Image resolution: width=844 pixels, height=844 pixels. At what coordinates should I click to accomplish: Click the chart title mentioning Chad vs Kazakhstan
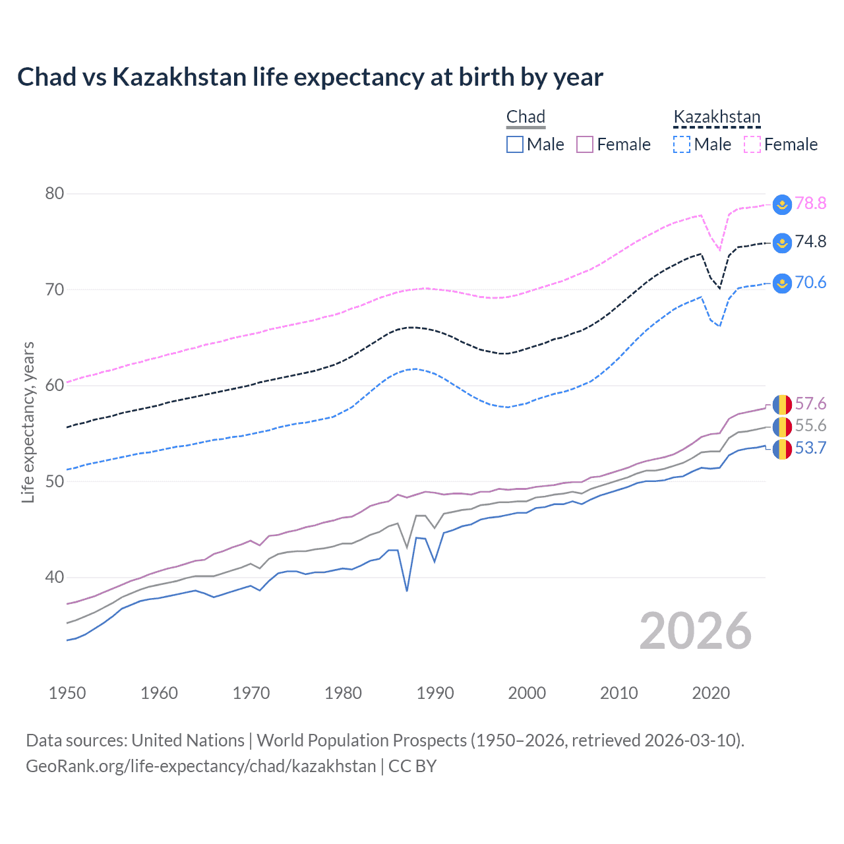coord(310,77)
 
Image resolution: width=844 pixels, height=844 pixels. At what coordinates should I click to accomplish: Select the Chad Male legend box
coord(515,144)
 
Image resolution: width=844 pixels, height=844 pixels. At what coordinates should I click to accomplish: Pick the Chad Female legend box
coord(585,144)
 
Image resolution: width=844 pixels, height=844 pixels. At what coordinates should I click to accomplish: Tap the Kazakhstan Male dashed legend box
coord(682,144)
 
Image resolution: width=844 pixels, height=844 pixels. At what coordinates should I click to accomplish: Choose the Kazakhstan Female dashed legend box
coord(752,144)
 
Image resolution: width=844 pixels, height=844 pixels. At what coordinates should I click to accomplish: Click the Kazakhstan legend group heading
coord(717,117)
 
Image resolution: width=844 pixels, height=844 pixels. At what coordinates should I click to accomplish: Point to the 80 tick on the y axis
coord(55,193)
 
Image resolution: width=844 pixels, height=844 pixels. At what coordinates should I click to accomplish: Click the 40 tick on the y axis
coord(55,578)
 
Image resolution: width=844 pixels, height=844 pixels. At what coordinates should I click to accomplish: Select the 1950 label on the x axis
coord(67,693)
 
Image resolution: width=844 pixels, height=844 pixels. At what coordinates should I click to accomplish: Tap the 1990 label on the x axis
coord(435,693)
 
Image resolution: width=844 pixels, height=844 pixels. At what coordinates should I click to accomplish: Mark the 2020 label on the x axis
coord(711,693)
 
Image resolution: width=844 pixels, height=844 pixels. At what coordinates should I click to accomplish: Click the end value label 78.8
coord(810,203)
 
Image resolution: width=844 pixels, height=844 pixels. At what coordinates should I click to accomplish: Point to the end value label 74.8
coord(810,242)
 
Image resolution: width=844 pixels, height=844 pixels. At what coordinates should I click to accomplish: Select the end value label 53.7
coord(810,448)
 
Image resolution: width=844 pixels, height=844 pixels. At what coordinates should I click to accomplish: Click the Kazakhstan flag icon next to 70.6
coord(782,284)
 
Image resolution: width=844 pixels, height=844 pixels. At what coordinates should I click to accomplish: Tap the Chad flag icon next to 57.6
coord(782,404)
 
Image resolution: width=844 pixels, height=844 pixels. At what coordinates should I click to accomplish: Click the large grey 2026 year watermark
coord(695,631)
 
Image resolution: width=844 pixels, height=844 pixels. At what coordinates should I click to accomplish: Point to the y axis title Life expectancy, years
coord(28,422)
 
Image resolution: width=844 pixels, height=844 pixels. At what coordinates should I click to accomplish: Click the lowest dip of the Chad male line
coord(407,590)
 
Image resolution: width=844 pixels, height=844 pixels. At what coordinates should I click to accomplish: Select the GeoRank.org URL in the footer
coord(200,766)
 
